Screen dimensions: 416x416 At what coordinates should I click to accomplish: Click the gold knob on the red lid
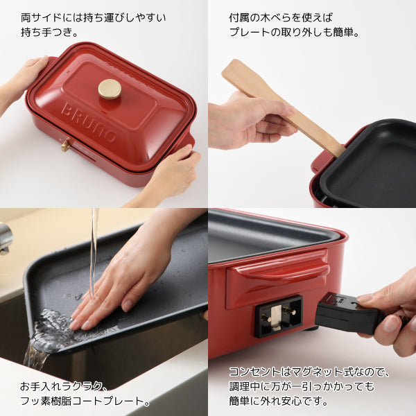(x=110, y=89)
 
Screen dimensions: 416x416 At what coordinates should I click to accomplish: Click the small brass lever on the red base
(x=66, y=145)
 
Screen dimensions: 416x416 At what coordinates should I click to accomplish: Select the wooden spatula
(x=281, y=107)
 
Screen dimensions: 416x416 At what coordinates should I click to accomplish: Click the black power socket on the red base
(x=278, y=316)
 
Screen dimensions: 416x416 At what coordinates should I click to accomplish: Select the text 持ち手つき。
(x=50, y=33)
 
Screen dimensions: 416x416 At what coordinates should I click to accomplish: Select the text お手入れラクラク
(x=61, y=386)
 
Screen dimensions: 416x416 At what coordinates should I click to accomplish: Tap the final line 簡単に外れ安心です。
(x=279, y=401)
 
